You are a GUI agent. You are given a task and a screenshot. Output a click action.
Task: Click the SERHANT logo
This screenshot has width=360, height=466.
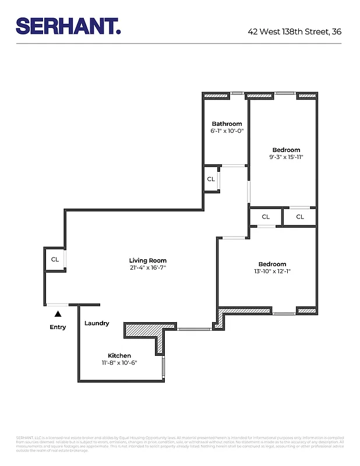click(x=68, y=26)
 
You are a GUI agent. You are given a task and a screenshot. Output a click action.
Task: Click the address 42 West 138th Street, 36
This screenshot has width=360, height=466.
click(x=294, y=31)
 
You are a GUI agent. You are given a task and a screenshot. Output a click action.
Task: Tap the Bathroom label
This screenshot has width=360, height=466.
click(x=227, y=123)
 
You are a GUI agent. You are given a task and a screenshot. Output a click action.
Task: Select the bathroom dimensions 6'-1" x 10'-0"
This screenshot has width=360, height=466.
click(x=227, y=131)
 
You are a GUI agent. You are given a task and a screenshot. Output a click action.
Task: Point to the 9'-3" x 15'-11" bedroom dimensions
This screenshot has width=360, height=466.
click(x=286, y=157)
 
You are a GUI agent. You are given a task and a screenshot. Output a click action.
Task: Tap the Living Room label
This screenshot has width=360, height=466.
click(x=147, y=260)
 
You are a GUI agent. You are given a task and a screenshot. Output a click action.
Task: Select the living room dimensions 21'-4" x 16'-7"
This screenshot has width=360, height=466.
click(x=147, y=268)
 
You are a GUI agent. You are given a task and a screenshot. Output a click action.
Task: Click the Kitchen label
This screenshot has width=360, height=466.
click(x=119, y=355)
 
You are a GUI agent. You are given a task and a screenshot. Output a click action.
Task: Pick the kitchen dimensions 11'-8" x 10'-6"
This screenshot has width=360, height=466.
click(x=119, y=363)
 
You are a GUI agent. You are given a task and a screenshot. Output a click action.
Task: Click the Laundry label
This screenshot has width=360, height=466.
click(x=97, y=323)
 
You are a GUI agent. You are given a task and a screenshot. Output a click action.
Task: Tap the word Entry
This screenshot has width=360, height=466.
click(x=58, y=327)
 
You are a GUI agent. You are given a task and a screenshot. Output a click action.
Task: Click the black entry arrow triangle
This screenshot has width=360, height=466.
click(x=58, y=314)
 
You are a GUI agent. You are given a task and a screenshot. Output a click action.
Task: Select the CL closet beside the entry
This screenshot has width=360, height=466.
click(x=55, y=260)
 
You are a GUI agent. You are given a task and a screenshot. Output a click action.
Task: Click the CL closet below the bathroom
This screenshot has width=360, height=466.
click(x=211, y=179)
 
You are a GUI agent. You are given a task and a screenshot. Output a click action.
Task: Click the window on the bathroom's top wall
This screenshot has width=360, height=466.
click(x=237, y=93)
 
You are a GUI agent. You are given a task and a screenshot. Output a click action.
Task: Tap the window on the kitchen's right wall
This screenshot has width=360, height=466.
click(x=163, y=366)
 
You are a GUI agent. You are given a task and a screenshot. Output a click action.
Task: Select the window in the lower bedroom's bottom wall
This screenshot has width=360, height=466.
click(x=284, y=314)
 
